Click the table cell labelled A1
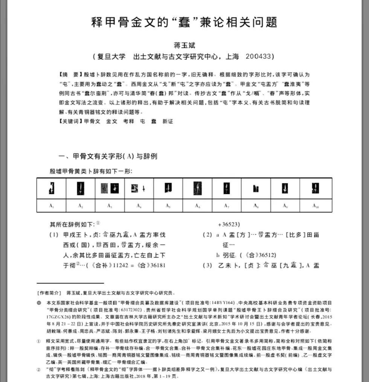pyautogui.click(x=51, y=206)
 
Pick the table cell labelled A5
pyautogui.click(x=168, y=206)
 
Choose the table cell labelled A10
pyautogui.click(x=316, y=206)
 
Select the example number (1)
pyautogui.click(x=54, y=235)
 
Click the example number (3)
pyautogui.click(x=208, y=266)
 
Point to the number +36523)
pyautogui.click(x=229, y=225)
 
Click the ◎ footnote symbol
pyautogui.click(x=39, y=303)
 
